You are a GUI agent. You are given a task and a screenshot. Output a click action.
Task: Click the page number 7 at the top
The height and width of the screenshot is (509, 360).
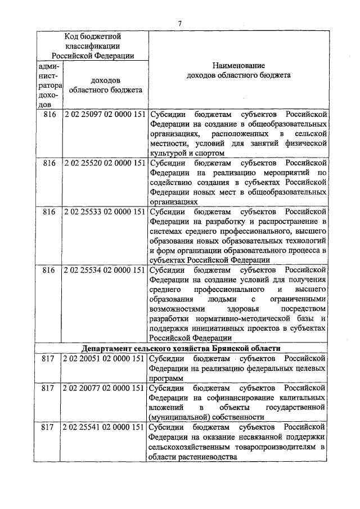[179, 23]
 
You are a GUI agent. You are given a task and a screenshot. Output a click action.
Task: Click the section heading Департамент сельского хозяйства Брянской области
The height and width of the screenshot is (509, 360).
[180, 348]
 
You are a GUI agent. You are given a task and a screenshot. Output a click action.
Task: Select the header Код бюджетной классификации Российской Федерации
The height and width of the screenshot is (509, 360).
[93, 46]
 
